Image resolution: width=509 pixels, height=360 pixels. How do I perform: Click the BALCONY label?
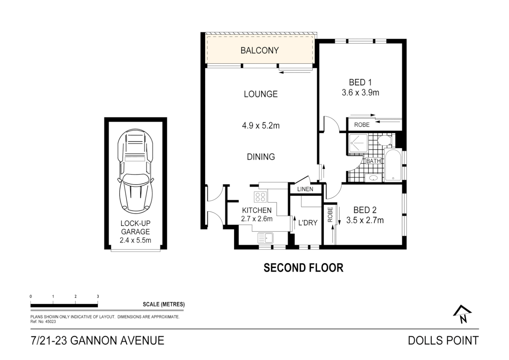259,50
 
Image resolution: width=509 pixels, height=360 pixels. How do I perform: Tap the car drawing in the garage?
135,171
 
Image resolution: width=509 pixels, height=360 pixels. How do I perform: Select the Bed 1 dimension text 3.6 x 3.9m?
360,93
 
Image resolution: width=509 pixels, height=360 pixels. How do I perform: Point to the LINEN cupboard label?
305,189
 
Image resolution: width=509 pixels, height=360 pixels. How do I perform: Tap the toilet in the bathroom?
384,141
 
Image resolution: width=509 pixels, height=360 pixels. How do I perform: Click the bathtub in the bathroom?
393,165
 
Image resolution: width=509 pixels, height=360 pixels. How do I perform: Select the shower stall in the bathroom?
358,143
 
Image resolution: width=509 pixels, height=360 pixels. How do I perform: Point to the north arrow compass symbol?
462,314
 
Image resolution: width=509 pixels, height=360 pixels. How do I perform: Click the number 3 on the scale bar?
98,297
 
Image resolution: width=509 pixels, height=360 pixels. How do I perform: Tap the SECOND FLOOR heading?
303,268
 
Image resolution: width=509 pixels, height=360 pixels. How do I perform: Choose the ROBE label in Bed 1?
362,125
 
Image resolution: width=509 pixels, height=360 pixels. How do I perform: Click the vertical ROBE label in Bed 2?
330,215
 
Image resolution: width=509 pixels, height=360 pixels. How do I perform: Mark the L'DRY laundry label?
308,223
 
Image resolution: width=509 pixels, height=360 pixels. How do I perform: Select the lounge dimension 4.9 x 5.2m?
261,126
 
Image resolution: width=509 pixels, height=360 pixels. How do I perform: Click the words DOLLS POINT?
443,341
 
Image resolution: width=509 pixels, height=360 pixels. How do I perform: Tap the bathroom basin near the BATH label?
373,178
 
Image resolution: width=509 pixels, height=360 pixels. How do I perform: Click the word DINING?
261,157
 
